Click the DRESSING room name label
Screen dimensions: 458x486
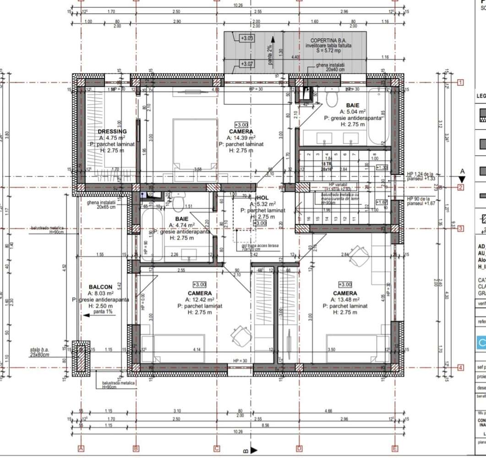[112, 131]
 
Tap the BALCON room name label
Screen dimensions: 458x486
[100, 287]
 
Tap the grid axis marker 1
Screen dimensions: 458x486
[461, 83]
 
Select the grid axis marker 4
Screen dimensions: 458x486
[461, 367]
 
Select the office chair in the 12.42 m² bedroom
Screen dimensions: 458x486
[241, 336]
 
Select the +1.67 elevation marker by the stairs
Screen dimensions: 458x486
[381, 202]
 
